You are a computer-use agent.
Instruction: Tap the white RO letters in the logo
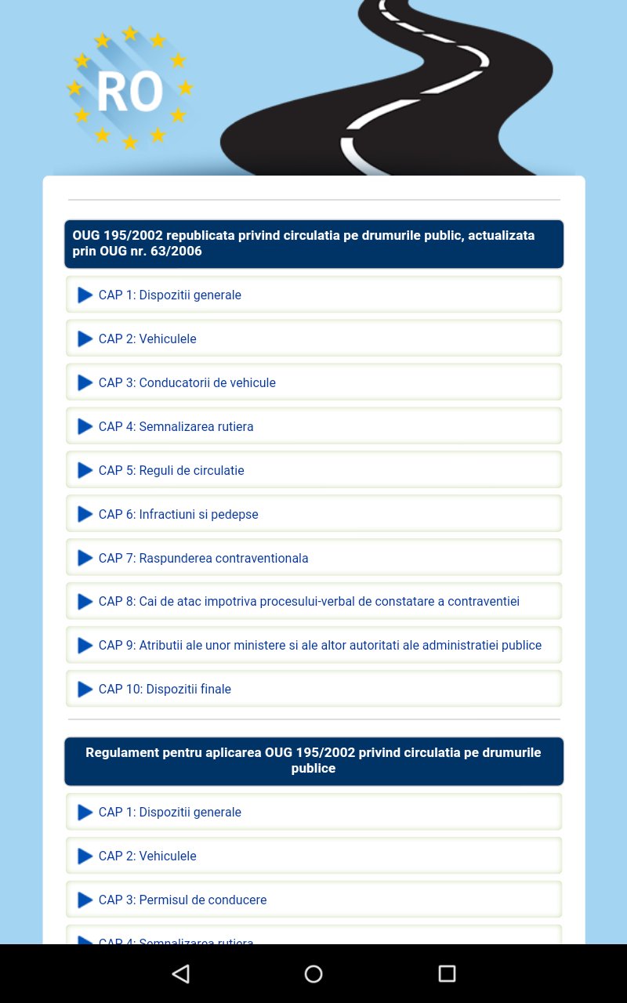130,92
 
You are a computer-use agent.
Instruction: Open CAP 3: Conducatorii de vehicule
187,382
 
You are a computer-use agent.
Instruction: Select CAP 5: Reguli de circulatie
172,470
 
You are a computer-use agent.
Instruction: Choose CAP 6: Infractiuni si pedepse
179,514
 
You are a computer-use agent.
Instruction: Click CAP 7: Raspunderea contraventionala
204,558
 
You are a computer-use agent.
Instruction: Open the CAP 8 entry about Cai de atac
309,601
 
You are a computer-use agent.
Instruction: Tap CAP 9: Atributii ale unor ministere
320,645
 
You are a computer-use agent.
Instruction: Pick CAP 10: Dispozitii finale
165,689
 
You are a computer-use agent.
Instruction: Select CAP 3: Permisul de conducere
183,900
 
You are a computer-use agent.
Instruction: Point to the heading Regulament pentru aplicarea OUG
313,760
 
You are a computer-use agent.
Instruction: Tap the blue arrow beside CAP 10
85,690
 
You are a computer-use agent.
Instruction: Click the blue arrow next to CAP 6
85,515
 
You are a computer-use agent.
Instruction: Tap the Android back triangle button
181,973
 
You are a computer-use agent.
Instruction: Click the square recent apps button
447,973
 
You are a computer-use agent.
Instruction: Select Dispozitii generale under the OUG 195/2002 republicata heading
190,295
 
